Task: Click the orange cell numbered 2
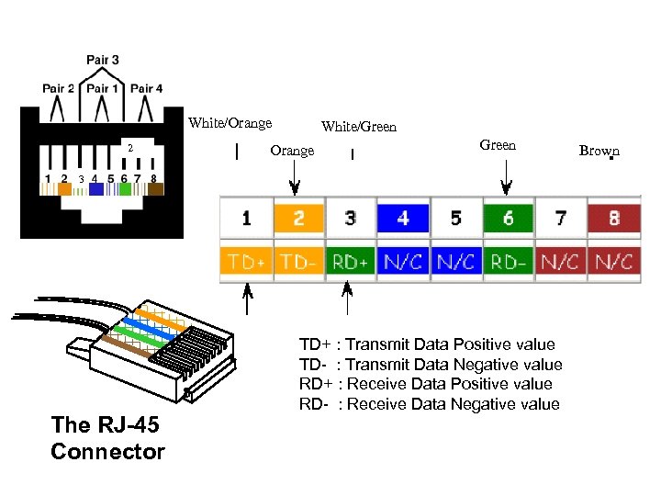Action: [298, 219]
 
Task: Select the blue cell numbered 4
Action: [403, 219]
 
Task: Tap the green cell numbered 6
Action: [508, 219]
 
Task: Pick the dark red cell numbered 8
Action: [613, 219]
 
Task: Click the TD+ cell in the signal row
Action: [246, 262]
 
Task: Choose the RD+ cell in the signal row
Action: [351, 262]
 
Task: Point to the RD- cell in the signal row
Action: [508, 262]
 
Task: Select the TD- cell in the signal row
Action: [298, 262]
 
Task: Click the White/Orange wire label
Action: [230, 123]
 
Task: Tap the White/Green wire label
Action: [359, 128]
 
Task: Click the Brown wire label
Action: [599, 151]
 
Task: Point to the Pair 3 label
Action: [103, 61]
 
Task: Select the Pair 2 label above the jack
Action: [59, 89]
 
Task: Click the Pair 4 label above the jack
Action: [147, 89]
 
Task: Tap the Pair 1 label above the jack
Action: [103, 89]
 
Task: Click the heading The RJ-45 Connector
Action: [107, 438]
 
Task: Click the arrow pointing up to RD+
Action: [347, 299]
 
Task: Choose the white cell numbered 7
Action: [560, 219]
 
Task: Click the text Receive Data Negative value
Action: [453, 404]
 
